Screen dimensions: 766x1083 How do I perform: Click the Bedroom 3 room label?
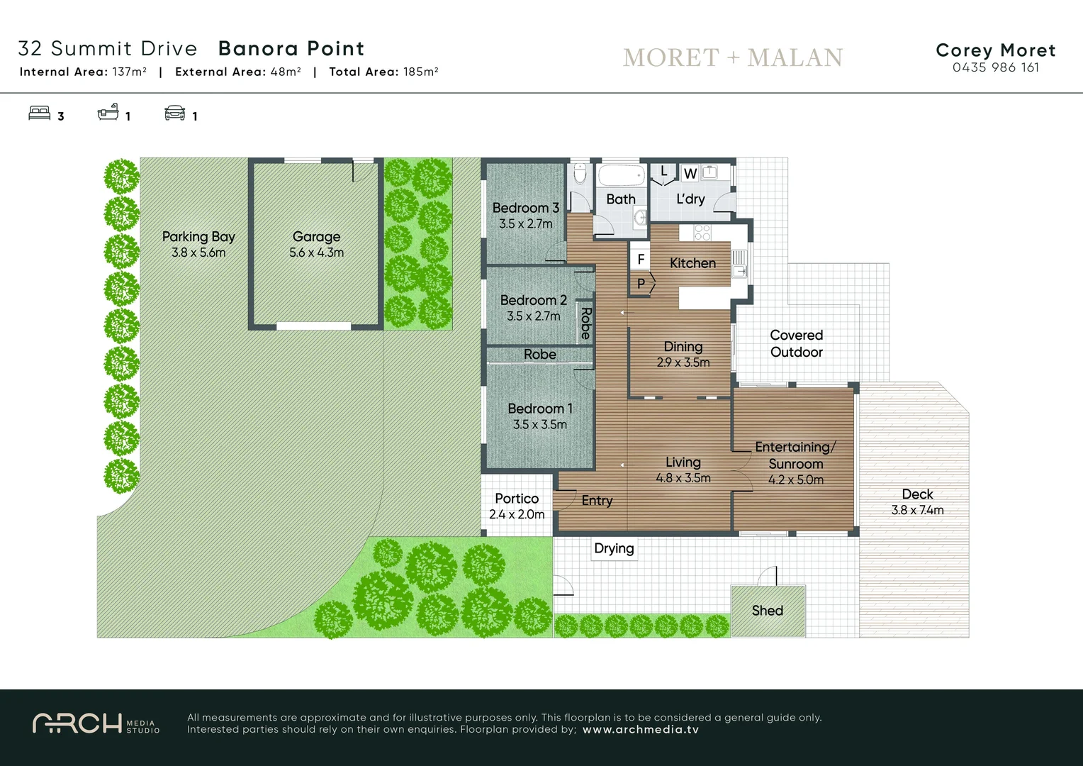pos(525,208)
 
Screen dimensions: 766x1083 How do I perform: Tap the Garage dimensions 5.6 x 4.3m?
pos(316,252)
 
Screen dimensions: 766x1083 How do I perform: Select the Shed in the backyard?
pos(768,611)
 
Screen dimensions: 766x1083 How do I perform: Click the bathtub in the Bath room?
pos(621,174)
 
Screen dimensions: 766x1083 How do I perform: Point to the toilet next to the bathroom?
pos(580,174)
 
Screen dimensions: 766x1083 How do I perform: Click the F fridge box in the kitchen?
pos(641,259)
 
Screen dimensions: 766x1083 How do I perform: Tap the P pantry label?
pos(641,283)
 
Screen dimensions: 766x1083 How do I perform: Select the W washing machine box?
pos(690,174)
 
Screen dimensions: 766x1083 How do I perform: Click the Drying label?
pos(614,548)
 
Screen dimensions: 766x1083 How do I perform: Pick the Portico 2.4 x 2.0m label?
pos(517,506)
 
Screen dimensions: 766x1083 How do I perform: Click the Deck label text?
pos(917,494)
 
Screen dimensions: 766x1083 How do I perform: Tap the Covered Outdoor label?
pos(796,343)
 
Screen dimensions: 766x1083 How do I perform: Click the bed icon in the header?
pos(40,113)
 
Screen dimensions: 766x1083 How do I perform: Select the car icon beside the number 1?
pos(174,113)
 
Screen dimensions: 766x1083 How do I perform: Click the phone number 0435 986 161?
pos(995,67)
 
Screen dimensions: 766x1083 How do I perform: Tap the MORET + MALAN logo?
pos(732,57)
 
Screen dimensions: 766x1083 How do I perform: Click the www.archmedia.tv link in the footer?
pos(640,729)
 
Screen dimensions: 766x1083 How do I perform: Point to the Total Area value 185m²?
pos(420,72)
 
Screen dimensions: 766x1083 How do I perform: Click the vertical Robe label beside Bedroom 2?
pos(585,323)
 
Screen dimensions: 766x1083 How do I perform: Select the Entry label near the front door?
pos(597,501)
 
